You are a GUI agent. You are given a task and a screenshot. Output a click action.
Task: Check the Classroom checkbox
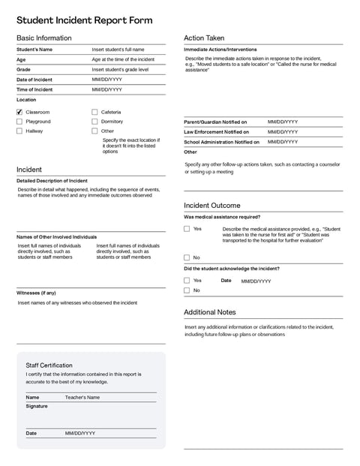pos(19,112)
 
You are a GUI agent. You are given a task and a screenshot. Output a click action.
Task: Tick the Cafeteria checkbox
pos(94,112)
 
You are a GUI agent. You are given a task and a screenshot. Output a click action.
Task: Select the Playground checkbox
pos(19,122)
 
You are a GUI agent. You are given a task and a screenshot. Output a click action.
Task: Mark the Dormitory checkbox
pos(94,122)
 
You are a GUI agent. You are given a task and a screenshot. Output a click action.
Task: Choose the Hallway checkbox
pos(19,131)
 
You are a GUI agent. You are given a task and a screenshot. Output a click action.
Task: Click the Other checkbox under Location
pos(94,131)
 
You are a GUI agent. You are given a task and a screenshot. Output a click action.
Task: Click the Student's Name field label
pos(34,50)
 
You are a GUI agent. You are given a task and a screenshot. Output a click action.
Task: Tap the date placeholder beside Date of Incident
pos(106,80)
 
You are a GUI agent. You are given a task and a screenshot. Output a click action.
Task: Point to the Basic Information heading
pos(44,38)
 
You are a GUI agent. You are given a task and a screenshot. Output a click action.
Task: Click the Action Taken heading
pos(204,38)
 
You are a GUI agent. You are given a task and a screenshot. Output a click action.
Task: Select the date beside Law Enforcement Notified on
pos(283,131)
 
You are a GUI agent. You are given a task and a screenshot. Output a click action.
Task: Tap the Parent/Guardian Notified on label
pos(215,122)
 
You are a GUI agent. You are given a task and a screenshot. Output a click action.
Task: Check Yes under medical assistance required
pos(187,229)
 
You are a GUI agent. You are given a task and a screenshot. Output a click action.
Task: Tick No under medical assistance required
pos(187,257)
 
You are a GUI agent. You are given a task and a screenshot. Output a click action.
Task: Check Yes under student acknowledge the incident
pos(187,281)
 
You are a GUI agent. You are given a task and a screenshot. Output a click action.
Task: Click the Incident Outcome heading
pos(212,205)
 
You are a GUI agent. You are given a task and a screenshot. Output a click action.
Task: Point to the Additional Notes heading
pos(210,311)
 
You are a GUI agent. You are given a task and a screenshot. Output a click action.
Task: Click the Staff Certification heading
pos(49,365)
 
